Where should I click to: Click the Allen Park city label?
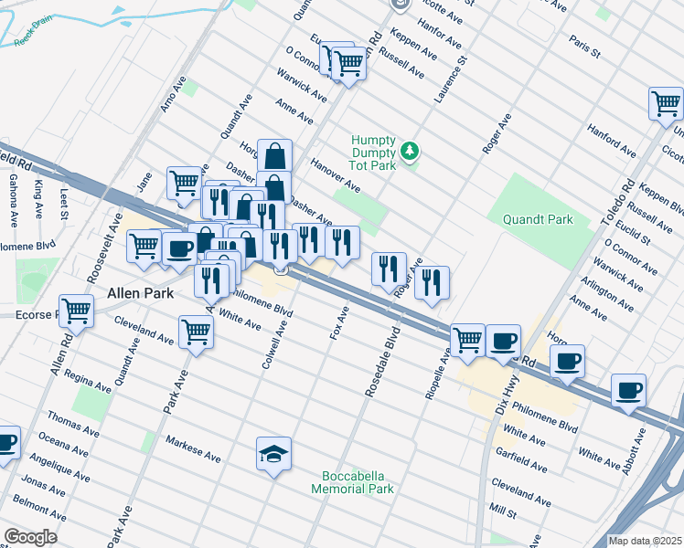point(140,294)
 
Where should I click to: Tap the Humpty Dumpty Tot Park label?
point(374,152)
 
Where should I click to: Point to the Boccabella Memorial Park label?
point(358,482)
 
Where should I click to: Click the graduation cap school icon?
point(273,454)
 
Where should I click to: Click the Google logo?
point(30,536)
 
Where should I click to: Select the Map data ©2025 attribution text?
point(645,541)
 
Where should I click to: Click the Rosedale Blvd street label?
point(382,362)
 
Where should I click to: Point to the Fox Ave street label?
point(339,322)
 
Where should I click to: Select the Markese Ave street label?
point(193,448)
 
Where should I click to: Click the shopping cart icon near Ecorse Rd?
point(77,311)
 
